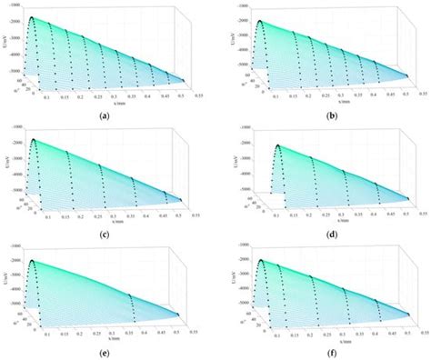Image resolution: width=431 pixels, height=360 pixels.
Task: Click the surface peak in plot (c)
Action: pos(33,140)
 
